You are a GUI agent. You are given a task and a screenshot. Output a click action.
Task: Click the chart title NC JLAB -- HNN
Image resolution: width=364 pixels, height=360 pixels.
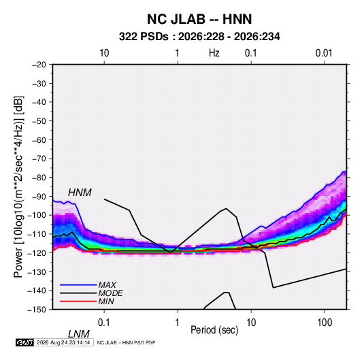(199, 19)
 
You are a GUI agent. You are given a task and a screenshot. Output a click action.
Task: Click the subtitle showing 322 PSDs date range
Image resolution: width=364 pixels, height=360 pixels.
(199, 37)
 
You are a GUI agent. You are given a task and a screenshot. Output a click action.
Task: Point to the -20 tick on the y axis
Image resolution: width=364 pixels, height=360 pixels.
(39, 65)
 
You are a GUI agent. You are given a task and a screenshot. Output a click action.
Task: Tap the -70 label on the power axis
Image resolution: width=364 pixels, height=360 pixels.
(39, 159)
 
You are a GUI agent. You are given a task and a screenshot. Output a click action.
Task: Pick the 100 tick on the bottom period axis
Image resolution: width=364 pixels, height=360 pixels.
(325, 323)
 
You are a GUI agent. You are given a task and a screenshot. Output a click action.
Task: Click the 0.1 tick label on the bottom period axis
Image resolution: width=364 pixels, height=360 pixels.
(104, 323)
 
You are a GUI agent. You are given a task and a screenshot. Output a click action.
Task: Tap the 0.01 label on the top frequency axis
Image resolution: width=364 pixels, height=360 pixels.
(324, 53)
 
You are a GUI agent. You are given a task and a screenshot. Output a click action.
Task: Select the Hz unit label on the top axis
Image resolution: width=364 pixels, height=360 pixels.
(214, 53)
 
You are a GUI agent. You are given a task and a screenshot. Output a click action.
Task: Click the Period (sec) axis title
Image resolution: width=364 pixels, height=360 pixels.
(214, 330)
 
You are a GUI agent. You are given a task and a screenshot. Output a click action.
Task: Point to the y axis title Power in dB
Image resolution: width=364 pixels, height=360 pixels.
(18, 187)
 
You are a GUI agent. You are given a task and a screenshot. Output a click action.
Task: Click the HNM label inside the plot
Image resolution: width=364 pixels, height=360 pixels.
(80, 193)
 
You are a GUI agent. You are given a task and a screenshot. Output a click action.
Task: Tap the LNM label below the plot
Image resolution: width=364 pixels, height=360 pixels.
(79, 334)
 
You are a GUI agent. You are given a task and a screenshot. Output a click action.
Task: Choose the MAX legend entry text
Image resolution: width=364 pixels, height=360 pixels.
(107, 285)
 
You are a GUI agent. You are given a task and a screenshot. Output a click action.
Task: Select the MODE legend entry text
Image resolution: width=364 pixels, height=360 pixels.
(110, 293)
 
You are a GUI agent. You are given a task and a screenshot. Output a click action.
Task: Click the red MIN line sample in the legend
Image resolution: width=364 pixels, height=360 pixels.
(78, 301)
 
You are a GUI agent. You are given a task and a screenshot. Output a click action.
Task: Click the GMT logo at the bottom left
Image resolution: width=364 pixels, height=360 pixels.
(24, 342)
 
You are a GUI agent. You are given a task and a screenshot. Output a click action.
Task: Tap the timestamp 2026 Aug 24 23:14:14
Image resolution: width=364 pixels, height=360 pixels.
(63, 342)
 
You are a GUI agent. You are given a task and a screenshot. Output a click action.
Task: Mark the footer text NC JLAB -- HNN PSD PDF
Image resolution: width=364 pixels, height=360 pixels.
(126, 342)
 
